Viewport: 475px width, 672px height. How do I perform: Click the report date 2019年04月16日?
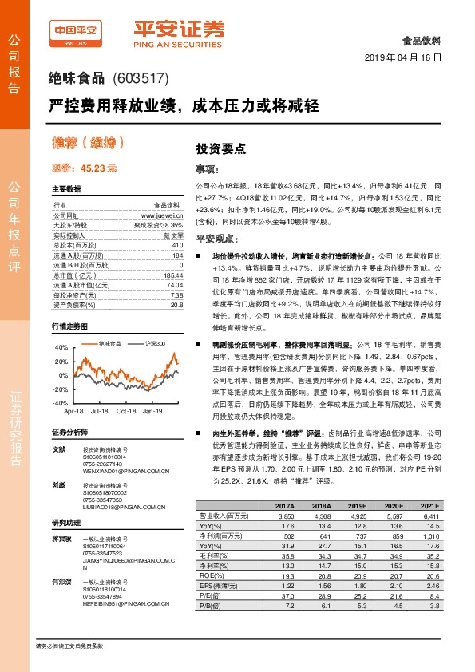click(408, 59)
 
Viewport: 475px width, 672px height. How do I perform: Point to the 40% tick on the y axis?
click(61, 348)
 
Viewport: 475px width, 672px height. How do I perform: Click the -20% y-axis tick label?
click(61, 389)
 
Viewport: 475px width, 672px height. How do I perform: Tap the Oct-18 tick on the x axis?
click(126, 411)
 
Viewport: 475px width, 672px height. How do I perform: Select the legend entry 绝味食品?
click(110, 343)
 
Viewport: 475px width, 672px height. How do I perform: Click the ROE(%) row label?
click(210, 575)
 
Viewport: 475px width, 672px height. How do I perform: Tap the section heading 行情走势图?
click(68, 327)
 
